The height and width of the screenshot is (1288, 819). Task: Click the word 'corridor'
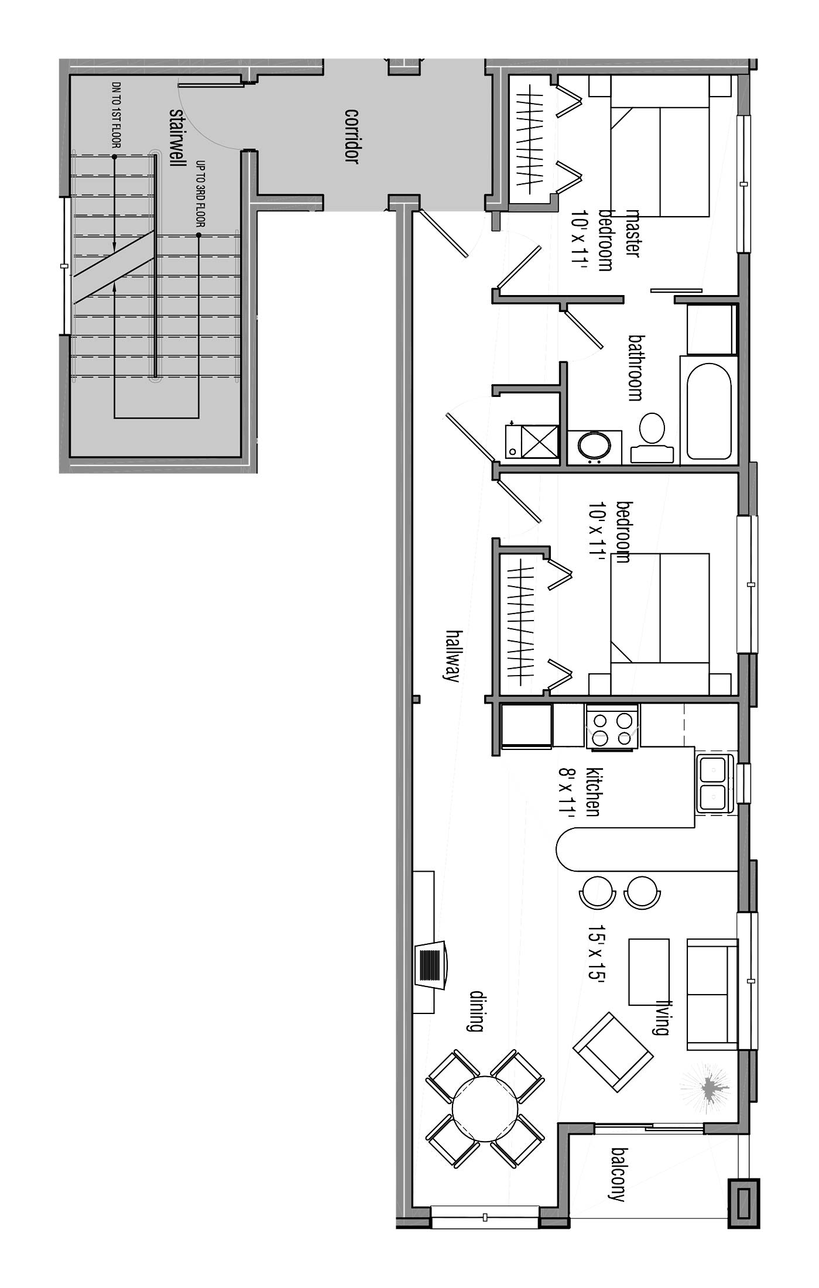pos(351,136)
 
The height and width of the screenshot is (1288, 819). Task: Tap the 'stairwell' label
pos(174,137)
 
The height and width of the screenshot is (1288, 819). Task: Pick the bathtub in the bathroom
pos(709,411)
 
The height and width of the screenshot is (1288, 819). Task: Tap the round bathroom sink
pos(594,448)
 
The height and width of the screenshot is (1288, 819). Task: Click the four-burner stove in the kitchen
pos(612,727)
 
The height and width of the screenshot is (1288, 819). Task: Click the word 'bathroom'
pos(636,367)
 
